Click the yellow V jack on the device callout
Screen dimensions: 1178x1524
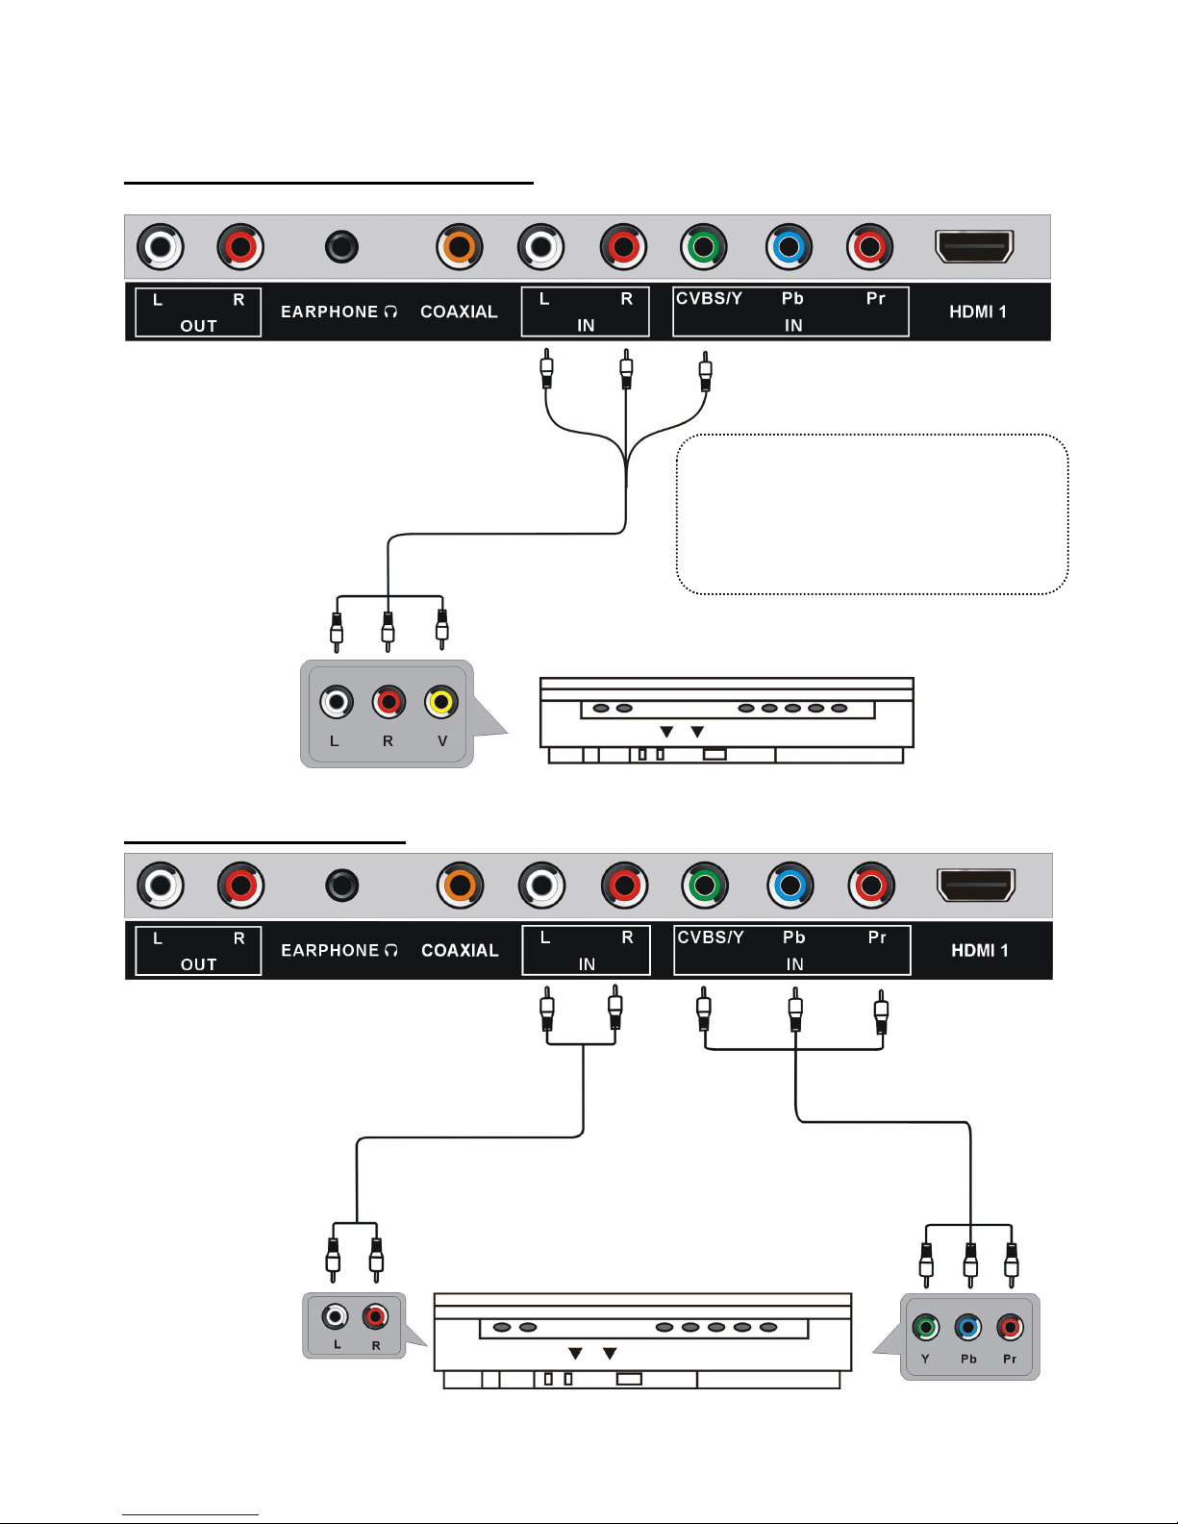point(441,701)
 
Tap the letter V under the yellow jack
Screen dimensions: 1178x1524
point(442,740)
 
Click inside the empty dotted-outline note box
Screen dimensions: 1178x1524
point(871,514)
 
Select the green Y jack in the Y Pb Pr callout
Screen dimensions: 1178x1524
point(925,1327)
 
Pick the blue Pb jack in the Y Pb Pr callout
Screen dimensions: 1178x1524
point(968,1327)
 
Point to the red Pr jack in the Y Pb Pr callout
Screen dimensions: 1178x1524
point(1010,1327)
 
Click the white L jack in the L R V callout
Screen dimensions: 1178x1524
point(337,701)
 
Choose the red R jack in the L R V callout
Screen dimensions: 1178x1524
point(388,701)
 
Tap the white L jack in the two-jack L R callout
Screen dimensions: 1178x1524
point(336,1316)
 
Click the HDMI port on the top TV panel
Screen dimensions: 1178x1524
point(975,246)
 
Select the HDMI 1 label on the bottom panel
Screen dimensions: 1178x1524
point(980,950)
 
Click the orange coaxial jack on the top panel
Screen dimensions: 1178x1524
point(460,247)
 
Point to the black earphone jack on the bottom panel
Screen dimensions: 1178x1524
point(342,886)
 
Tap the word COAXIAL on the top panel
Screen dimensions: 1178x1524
point(460,312)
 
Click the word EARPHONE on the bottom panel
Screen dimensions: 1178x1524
point(330,950)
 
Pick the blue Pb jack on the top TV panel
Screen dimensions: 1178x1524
point(789,247)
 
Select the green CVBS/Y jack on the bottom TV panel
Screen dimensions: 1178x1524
point(706,886)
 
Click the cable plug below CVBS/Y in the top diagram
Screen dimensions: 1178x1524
point(706,371)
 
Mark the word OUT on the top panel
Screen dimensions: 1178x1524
point(198,326)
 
